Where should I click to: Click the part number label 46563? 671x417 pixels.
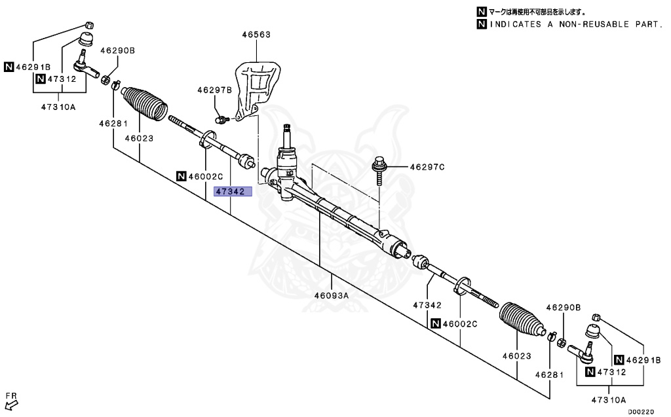click(x=255, y=33)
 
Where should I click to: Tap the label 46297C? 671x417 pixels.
click(x=427, y=167)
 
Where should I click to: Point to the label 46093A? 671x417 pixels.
click(x=330, y=295)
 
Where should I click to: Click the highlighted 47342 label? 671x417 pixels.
click(x=230, y=192)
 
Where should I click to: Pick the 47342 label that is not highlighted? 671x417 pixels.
click(x=427, y=304)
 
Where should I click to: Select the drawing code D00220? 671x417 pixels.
click(x=641, y=412)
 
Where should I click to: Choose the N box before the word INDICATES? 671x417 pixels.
click(x=482, y=25)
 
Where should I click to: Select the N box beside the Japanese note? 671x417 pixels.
click(x=482, y=12)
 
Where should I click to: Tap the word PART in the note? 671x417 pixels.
click(x=649, y=25)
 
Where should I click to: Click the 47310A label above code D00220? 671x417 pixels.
click(x=609, y=399)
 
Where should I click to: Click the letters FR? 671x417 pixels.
click(x=10, y=395)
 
